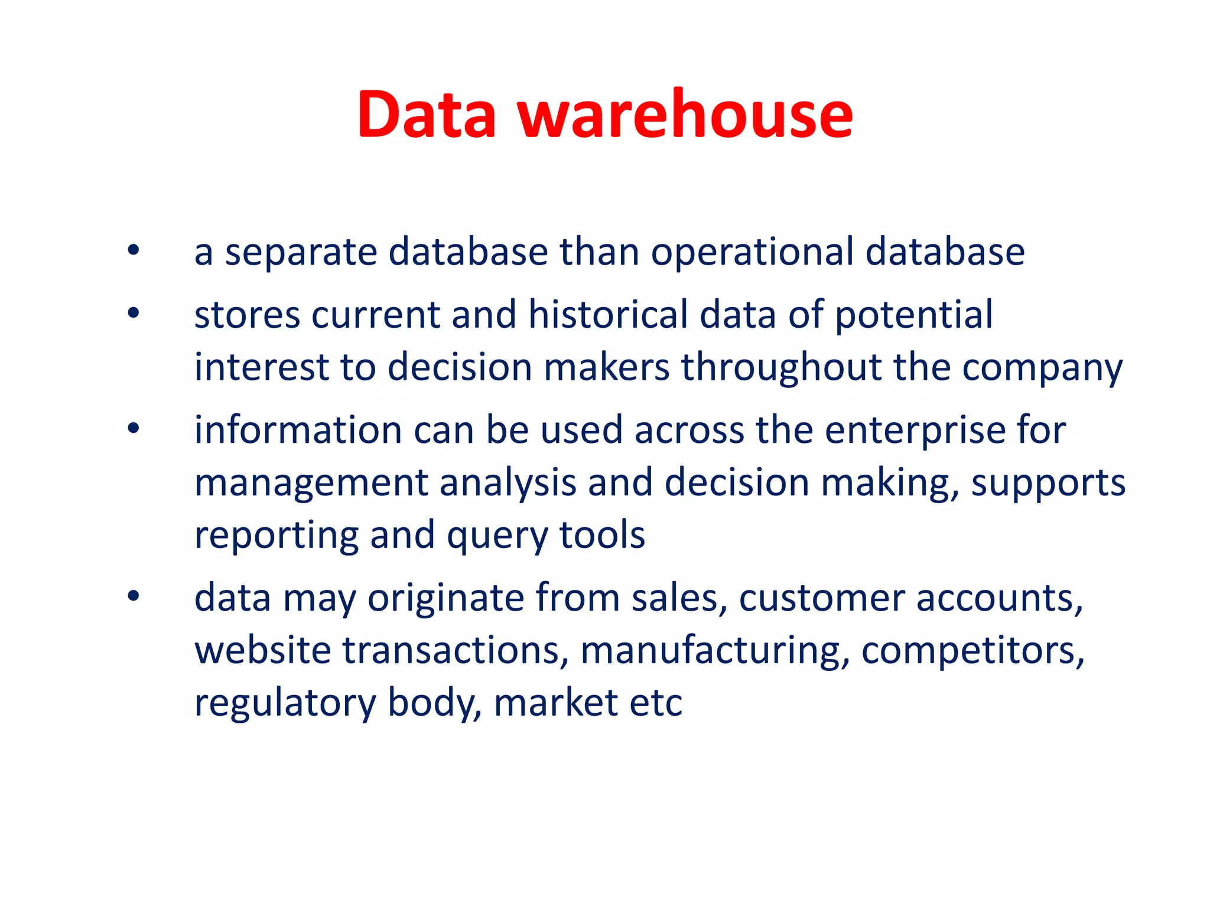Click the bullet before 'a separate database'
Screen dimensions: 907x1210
(x=134, y=250)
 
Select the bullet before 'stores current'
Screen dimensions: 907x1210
(x=134, y=312)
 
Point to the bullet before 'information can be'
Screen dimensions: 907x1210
(x=134, y=428)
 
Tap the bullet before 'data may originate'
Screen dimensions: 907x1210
(x=134, y=596)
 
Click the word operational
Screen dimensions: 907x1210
(x=752, y=252)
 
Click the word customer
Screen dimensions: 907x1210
(x=822, y=598)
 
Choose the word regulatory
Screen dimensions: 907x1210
(x=285, y=704)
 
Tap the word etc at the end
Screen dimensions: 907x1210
(x=656, y=703)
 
